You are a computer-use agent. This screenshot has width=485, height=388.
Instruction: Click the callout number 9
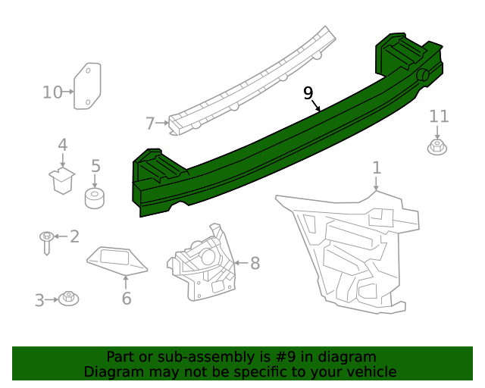(x=308, y=92)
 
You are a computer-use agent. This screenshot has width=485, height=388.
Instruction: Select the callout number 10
(x=52, y=92)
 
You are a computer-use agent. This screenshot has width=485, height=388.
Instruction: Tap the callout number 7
(x=150, y=123)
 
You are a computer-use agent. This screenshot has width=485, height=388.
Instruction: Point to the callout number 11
(x=439, y=116)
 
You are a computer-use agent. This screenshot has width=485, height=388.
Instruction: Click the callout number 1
(x=377, y=167)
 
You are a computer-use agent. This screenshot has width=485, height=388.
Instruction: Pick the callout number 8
(x=255, y=263)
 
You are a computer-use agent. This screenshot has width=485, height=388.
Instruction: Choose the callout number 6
(x=127, y=298)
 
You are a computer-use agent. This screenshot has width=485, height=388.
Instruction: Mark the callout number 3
(x=39, y=300)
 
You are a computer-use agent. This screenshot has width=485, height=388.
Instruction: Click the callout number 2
(x=74, y=236)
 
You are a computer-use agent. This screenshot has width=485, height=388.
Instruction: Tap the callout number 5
(x=95, y=166)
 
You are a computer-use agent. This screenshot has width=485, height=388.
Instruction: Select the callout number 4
(x=63, y=145)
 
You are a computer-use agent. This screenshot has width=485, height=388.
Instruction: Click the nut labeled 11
(x=436, y=146)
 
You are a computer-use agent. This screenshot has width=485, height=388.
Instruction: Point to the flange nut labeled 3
(x=69, y=298)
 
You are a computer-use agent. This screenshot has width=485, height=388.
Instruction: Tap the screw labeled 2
(x=47, y=242)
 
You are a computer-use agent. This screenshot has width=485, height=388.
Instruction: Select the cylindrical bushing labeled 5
(x=94, y=200)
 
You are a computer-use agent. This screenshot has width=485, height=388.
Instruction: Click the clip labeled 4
(x=61, y=180)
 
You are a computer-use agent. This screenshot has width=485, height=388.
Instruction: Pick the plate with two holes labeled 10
(x=88, y=86)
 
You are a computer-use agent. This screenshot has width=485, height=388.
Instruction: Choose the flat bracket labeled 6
(x=116, y=260)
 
